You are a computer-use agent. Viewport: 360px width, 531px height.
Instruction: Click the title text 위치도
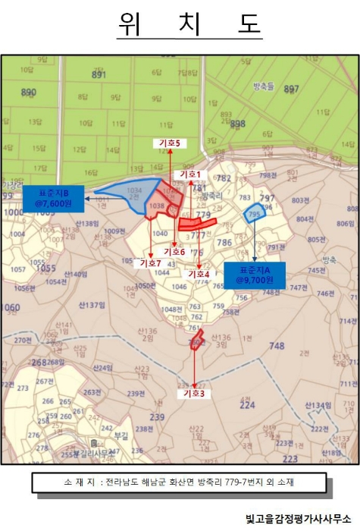point(189,24)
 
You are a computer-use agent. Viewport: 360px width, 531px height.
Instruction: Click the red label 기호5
point(170,143)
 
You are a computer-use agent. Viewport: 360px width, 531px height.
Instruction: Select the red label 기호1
point(190,174)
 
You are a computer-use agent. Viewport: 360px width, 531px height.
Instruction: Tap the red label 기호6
point(174,251)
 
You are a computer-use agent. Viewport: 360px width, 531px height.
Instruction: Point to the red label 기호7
point(151,262)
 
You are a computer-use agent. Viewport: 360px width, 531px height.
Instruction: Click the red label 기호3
point(194,393)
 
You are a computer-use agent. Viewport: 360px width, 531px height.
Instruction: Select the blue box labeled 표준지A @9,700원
point(254,274)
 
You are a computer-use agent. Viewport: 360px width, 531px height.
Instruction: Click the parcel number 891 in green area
point(99,74)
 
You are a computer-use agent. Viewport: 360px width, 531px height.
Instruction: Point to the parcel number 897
point(291,89)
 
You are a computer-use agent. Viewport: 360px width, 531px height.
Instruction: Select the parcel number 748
point(276,346)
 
